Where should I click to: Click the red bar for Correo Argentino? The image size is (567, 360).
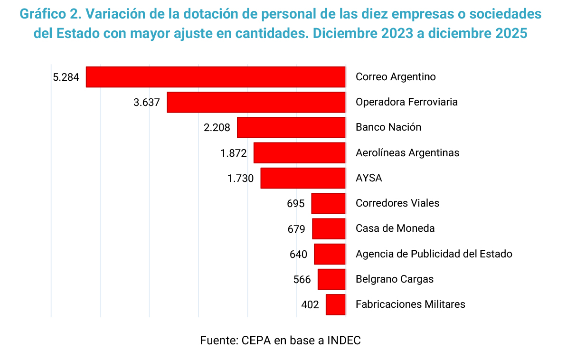pyautogui.click(x=216, y=77)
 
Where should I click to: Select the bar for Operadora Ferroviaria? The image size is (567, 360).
pyautogui.click(x=256, y=102)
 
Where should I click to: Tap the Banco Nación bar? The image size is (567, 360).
pyautogui.click(x=291, y=127)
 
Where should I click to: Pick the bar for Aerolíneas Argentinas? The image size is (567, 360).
pyautogui.click(x=299, y=153)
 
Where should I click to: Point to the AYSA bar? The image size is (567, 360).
pyautogui.click(x=303, y=178)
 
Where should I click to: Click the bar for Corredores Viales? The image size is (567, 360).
pyautogui.click(x=328, y=203)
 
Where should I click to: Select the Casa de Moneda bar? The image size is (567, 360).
pyautogui.click(x=329, y=228)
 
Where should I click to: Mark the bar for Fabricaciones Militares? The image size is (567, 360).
pyautogui.click(x=335, y=304)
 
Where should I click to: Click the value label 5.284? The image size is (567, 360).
pyautogui.click(x=66, y=77)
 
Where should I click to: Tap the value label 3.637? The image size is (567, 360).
pyautogui.click(x=147, y=102)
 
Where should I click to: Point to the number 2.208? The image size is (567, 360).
pyautogui.click(x=217, y=127)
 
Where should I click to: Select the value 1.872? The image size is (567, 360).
pyautogui.click(x=234, y=153)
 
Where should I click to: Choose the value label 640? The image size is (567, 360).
pyautogui.click(x=299, y=254)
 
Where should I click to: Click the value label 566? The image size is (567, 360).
pyautogui.click(x=302, y=279)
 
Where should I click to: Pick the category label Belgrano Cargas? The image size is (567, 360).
pyautogui.click(x=395, y=279)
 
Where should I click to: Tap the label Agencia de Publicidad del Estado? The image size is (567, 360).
pyautogui.click(x=434, y=254)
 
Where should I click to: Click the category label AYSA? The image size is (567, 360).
pyautogui.click(x=369, y=178)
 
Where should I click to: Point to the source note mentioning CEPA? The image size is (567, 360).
pyautogui.click(x=280, y=341)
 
